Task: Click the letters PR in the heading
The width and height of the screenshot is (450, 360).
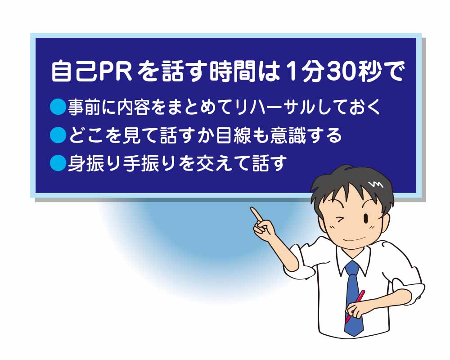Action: (x=114, y=72)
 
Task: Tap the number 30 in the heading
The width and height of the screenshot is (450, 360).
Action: (x=342, y=72)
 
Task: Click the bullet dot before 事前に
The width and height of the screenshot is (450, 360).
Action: (x=58, y=107)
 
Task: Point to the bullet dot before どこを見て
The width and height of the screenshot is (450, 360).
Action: (x=58, y=135)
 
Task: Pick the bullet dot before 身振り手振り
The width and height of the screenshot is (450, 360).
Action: (x=58, y=163)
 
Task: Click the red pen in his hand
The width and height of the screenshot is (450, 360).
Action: (x=355, y=306)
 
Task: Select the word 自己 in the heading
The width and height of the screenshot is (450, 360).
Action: (x=74, y=71)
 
